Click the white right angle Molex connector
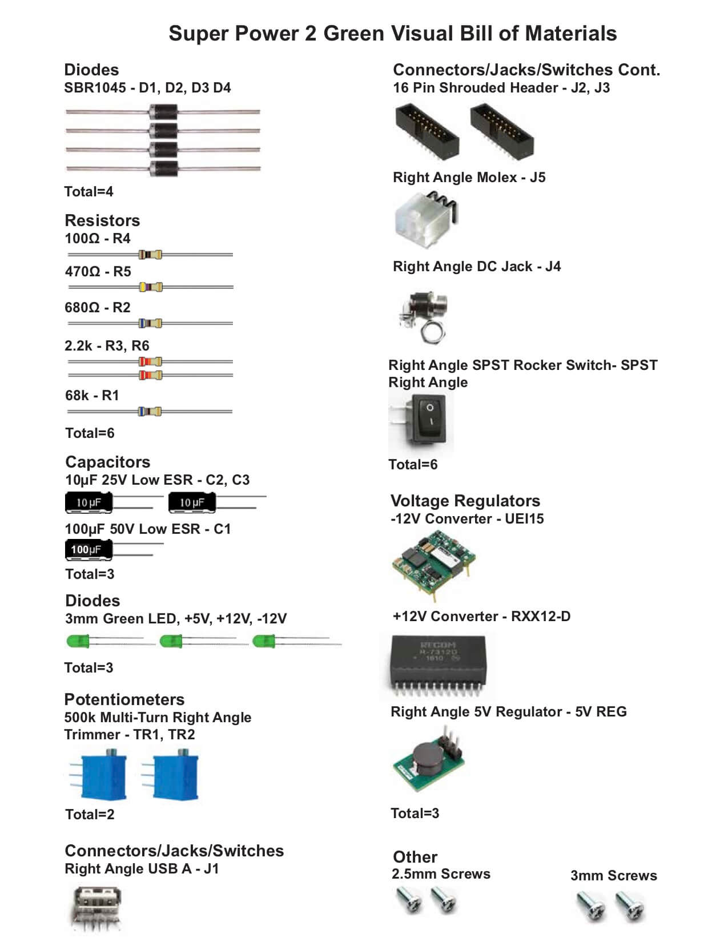[426, 220]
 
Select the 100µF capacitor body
[89, 550]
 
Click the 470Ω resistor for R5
[151, 287]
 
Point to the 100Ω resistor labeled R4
[150, 255]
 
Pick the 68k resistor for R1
[150, 412]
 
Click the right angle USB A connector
[96, 908]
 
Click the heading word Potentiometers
[124, 699]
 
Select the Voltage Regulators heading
[465, 501]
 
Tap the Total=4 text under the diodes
[89, 191]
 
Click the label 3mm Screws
[614, 875]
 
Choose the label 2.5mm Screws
[441, 873]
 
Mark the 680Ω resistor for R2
[150, 323]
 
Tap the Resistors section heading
[102, 220]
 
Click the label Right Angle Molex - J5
[469, 178]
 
